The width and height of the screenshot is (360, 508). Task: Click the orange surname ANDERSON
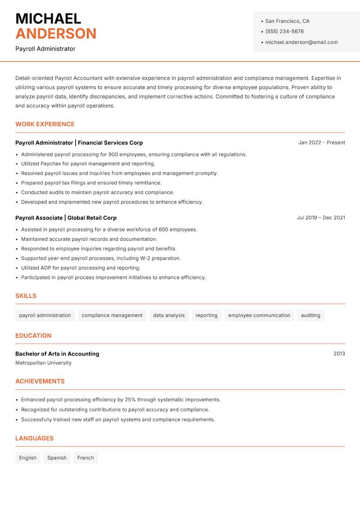click(56, 34)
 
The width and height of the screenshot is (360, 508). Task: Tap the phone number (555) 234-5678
click(284, 31)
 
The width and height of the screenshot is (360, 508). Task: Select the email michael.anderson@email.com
click(301, 42)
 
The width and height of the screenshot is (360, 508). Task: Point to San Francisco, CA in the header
click(287, 21)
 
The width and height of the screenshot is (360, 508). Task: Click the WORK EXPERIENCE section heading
click(45, 124)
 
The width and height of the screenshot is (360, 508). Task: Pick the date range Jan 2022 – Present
click(321, 143)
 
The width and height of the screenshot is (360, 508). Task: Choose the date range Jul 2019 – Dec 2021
click(321, 218)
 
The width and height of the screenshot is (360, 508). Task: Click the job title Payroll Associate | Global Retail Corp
click(66, 218)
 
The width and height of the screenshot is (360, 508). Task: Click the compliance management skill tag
click(112, 316)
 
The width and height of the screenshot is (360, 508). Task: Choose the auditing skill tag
click(310, 316)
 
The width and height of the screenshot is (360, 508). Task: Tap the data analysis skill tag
click(169, 316)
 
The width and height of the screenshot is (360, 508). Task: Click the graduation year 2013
click(339, 354)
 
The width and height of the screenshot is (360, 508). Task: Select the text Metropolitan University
click(43, 363)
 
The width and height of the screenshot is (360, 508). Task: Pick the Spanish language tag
click(57, 458)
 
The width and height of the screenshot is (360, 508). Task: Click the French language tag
click(85, 458)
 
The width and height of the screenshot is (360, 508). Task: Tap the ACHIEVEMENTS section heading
click(40, 381)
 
